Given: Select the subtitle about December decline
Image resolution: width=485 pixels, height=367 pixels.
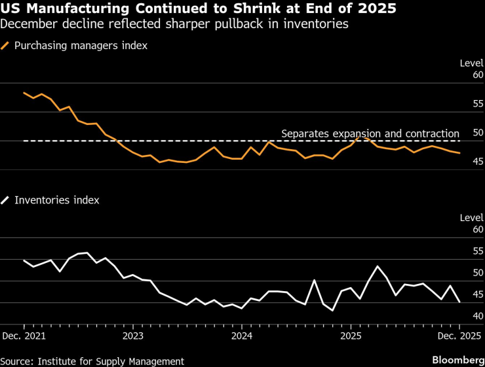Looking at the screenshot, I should (174, 25).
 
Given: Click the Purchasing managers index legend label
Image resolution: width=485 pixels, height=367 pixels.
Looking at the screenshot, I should (81, 45).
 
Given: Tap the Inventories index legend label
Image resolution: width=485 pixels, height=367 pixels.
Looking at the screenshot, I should (56, 200).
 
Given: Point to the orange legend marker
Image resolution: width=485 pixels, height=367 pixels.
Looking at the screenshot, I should (6, 45).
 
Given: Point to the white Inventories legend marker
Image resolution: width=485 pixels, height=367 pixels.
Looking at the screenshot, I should (6, 200).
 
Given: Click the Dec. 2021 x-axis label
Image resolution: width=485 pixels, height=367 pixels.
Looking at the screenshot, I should (24, 336).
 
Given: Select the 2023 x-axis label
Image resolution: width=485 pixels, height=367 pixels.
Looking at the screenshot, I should (133, 336).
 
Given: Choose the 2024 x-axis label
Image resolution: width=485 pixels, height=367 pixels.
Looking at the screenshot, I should (242, 336).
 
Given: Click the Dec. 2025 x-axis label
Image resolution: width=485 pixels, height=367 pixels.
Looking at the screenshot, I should (459, 336).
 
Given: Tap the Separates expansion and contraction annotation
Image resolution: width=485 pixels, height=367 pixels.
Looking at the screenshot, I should (370, 133).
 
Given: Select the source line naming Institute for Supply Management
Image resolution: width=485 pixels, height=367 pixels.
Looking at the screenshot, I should (92, 361).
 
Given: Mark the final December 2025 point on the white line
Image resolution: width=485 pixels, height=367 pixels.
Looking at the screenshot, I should (459, 302).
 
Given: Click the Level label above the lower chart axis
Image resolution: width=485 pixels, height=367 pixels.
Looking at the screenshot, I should (471, 217).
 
